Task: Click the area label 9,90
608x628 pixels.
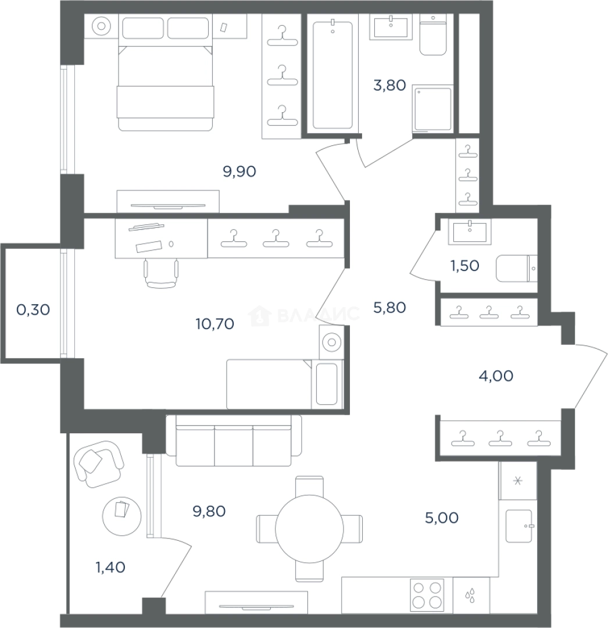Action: tap(239, 172)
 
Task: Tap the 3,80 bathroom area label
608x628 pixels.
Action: tap(389, 85)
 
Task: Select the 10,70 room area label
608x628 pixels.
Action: tap(215, 324)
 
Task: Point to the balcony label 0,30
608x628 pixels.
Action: tap(33, 309)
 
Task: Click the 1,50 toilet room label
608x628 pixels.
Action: tap(465, 266)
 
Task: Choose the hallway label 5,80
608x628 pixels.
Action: tap(389, 308)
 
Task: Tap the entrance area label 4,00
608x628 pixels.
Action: tap(496, 376)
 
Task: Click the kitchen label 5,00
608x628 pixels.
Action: tap(442, 518)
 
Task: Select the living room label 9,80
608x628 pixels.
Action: tap(209, 512)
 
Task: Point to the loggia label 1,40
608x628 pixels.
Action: tap(110, 568)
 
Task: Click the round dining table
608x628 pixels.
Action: tap(309, 529)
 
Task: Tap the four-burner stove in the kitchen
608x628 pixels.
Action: tap(427, 595)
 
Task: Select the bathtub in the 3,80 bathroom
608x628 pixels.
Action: tap(332, 75)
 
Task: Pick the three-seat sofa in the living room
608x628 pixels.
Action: tap(234, 440)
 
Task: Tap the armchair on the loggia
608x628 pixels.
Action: tap(99, 464)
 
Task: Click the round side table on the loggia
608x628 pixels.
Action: tap(121, 517)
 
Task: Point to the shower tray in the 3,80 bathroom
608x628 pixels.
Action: tap(432, 108)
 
